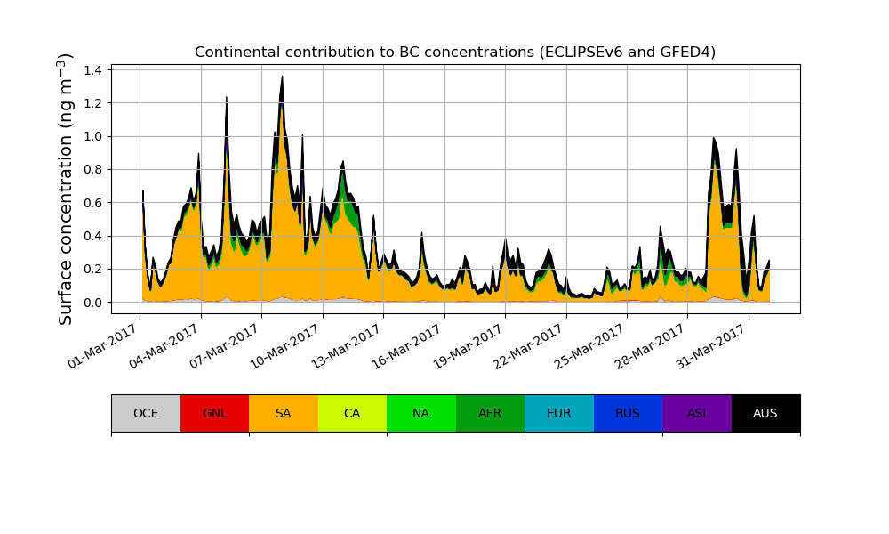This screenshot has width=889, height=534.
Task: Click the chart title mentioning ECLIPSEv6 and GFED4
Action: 455,52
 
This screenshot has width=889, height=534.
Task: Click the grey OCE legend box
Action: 146,413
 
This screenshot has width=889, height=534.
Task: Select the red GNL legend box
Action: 214,413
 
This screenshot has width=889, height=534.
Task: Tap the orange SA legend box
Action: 284,413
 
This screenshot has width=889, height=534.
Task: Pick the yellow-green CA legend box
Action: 352,413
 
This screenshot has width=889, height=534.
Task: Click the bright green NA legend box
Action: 421,413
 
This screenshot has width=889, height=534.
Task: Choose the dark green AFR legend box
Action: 490,413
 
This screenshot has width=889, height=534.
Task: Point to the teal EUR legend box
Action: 559,413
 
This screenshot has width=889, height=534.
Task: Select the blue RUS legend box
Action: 628,413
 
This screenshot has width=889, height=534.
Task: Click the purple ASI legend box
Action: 697,413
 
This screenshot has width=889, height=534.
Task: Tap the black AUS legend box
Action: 765,413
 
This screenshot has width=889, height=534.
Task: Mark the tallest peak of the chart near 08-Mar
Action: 282,77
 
